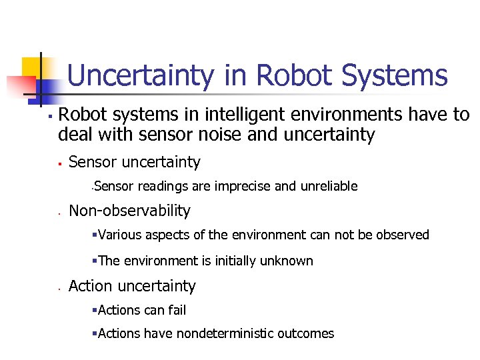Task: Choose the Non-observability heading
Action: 129,211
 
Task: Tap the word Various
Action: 119,235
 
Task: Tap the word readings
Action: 160,186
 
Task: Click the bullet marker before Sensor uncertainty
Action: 59,162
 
